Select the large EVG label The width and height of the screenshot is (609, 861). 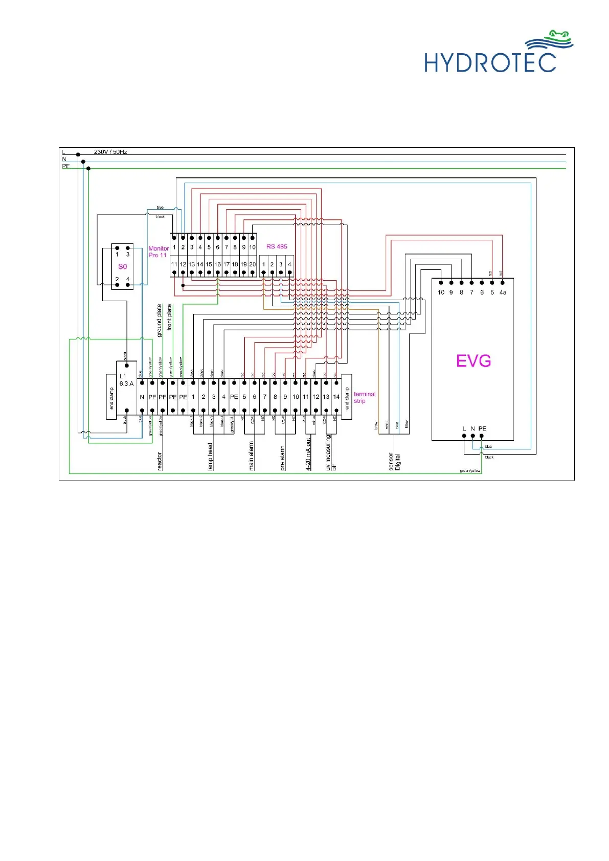coord(473,361)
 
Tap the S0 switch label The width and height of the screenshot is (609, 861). coord(123,266)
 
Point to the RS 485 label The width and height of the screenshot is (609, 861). coord(277,246)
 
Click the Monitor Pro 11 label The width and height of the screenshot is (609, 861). coord(159,252)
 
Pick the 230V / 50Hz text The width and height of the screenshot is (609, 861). coord(110,152)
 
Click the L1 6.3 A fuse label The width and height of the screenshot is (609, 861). coord(126,380)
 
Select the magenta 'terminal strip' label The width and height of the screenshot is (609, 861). coord(364,397)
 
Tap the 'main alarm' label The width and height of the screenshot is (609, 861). coord(251,456)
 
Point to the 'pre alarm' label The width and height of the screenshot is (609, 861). coord(282,458)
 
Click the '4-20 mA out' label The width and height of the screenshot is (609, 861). coord(308,454)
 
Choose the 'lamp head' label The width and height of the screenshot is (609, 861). coord(210,457)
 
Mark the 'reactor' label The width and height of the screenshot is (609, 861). coord(160,461)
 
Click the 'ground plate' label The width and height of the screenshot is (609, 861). coord(160,321)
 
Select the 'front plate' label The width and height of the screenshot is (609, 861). coord(169,318)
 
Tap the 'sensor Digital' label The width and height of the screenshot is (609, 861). coord(394,461)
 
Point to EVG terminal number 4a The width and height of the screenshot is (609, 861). coord(503,292)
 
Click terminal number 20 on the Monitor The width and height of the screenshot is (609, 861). coord(252,264)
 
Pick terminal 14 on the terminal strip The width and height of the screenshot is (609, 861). coord(336,397)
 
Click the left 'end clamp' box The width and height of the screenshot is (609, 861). coord(111,397)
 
